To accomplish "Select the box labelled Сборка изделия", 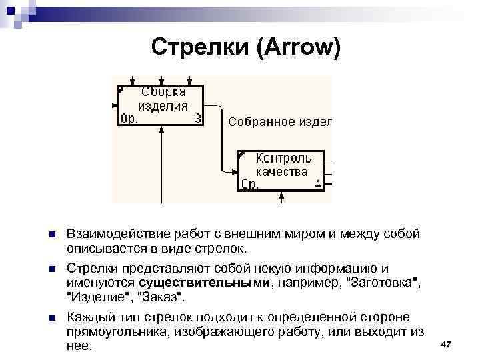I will click(x=161, y=105).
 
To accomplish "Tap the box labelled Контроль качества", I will click(x=281, y=171).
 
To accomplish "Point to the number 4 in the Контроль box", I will click(x=317, y=185).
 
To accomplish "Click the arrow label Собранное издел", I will click(x=279, y=122).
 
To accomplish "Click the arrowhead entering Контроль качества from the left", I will click(x=235, y=171).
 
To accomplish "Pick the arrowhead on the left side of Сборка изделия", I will click(x=115, y=105).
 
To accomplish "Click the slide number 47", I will click(x=446, y=343).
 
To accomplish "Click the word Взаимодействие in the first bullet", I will click(x=111, y=235).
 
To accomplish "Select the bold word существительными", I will click(x=213, y=283).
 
